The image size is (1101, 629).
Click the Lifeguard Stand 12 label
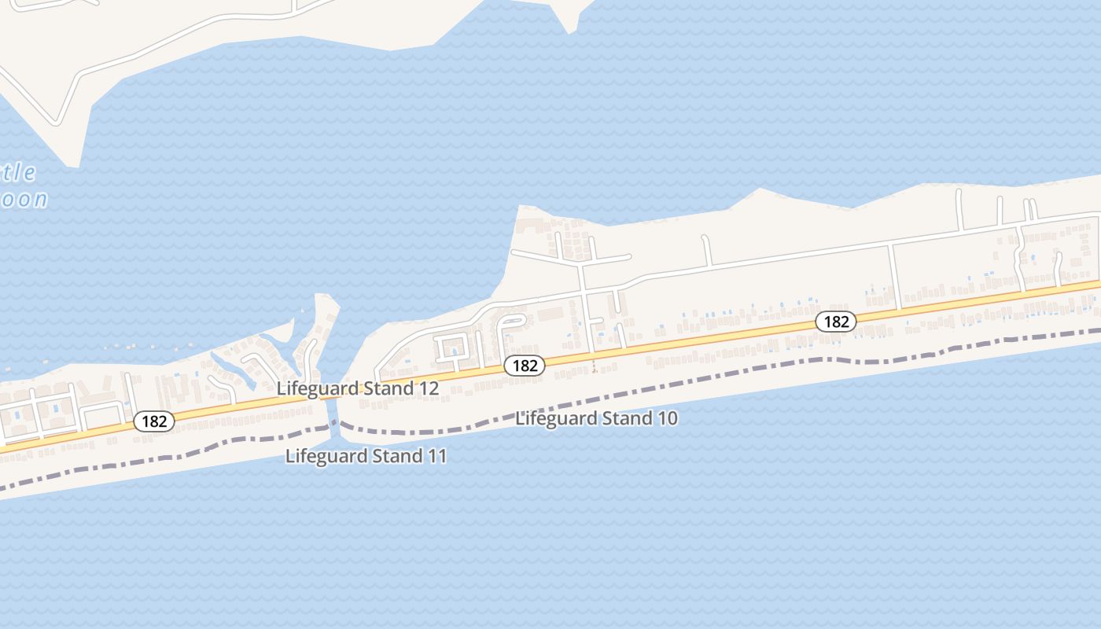(357, 388)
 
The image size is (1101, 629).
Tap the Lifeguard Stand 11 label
(366, 456)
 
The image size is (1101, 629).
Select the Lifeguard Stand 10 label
(596, 418)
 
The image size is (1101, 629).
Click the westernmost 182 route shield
(154, 421)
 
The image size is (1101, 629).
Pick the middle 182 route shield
(525, 366)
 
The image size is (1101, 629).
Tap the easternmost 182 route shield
(835, 321)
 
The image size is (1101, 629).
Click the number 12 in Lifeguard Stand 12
(429, 388)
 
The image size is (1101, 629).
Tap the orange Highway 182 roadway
(708, 337)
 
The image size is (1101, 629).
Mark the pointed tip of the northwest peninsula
(73, 165)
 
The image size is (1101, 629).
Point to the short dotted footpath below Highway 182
(594, 365)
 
